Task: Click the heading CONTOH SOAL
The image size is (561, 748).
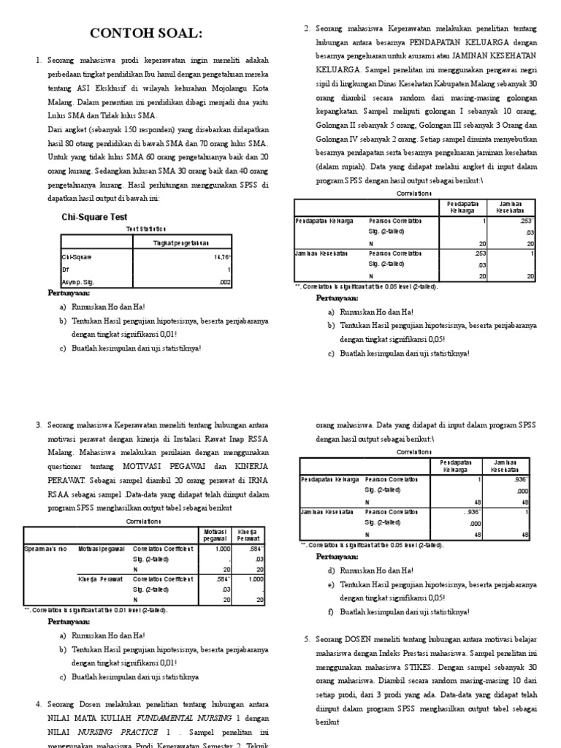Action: (x=145, y=34)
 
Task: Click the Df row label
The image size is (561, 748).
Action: (x=65, y=269)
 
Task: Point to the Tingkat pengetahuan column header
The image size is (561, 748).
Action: (x=180, y=243)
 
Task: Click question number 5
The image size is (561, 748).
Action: (x=306, y=639)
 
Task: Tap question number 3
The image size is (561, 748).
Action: (x=38, y=424)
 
